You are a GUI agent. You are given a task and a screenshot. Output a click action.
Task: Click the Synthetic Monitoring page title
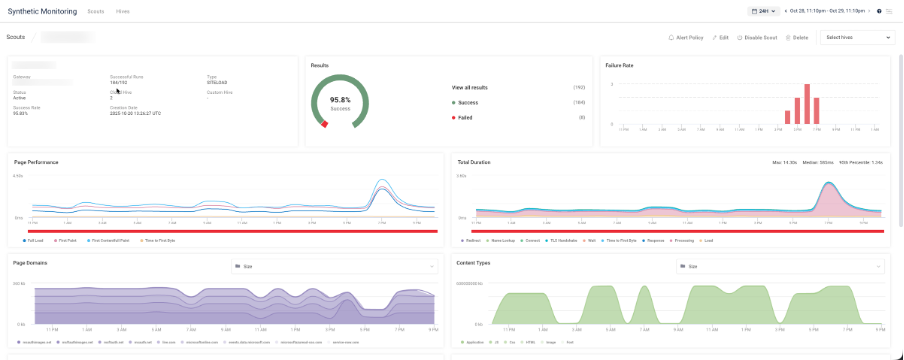click(42, 11)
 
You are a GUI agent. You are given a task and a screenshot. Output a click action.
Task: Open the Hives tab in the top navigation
click(122, 11)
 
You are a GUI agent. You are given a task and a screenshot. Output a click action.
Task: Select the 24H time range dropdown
click(763, 11)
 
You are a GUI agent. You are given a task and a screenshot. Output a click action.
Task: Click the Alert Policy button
click(686, 37)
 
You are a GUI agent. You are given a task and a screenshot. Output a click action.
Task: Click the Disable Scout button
click(757, 37)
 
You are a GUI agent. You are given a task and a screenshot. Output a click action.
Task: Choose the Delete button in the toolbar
click(797, 37)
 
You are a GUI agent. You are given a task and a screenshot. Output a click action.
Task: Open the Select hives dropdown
click(857, 37)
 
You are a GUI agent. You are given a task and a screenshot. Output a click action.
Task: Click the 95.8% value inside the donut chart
click(340, 100)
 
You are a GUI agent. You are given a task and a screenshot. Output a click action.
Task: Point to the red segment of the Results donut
click(323, 124)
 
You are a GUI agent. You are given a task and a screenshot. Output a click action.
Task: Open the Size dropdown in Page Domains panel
click(334, 267)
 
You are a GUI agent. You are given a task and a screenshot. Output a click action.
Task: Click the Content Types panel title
click(474, 263)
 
